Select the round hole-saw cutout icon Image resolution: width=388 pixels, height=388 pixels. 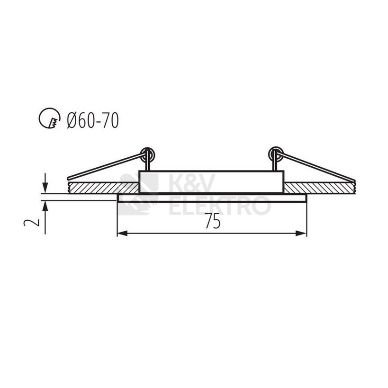(50, 118)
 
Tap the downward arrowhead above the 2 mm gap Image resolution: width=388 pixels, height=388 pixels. (45, 188)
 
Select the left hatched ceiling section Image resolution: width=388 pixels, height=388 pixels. (103, 187)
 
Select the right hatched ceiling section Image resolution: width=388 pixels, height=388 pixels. (319, 187)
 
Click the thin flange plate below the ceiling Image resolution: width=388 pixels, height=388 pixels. (212, 198)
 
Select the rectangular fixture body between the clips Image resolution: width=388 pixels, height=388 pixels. (212, 181)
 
